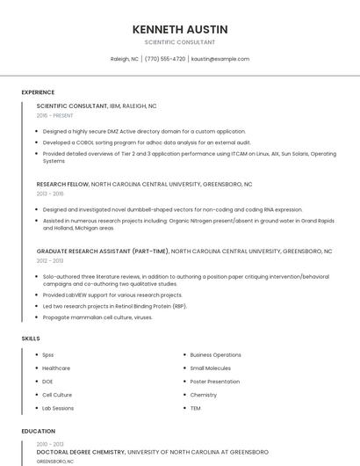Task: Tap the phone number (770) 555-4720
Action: coord(165,59)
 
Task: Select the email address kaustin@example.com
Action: coord(220,59)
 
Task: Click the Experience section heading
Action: coord(38,92)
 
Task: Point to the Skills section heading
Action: coord(31,339)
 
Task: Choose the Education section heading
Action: coord(38,431)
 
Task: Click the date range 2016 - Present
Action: coord(55,115)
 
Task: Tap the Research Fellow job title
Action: coord(63,185)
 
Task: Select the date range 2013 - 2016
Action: coord(50,193)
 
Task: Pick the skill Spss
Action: coord(48,354)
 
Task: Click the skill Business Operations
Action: coord(215,354)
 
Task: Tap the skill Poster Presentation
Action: coord(214,382)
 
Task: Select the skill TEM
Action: coord(195,408)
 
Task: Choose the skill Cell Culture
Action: coord(57,395)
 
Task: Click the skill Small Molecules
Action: coord(211,368)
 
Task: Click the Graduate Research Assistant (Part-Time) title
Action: coord(103,251)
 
